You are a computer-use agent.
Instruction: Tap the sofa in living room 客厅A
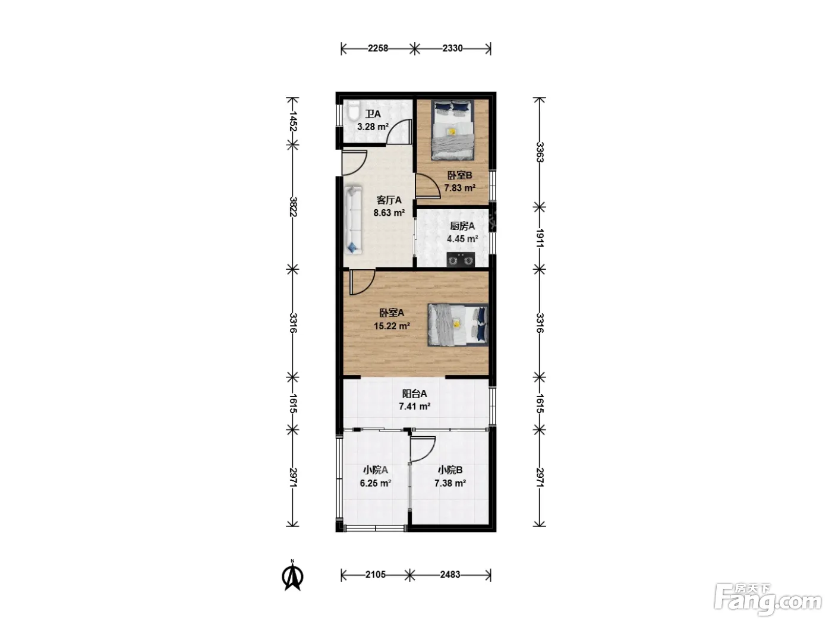tap(353, 220)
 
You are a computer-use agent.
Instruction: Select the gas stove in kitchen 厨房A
tap(461, 260)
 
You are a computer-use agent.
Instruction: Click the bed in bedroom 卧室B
tap(453, 130)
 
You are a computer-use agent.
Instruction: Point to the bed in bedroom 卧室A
tap(458, 324)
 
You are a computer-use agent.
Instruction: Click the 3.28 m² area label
tap(373, 127)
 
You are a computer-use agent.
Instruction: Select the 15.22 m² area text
tap(392, 326)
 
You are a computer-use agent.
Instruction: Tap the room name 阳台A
tap(414, 393)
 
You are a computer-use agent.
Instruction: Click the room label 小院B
tap(450, 470)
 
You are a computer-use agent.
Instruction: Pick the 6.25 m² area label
tap(375, 483)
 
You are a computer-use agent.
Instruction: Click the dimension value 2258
tap(378, 49)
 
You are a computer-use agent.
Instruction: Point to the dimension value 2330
tap(453, 49)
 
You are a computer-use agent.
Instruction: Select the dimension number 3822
tap(292, 207)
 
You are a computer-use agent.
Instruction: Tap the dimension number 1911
tap(540, 238)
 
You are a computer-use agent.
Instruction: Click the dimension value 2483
tap(450, 575)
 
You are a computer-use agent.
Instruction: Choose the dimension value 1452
tap(292, 121)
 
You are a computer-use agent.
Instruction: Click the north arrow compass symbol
tap(292, 576)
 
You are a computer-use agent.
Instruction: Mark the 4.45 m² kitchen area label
tap(462, 239)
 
